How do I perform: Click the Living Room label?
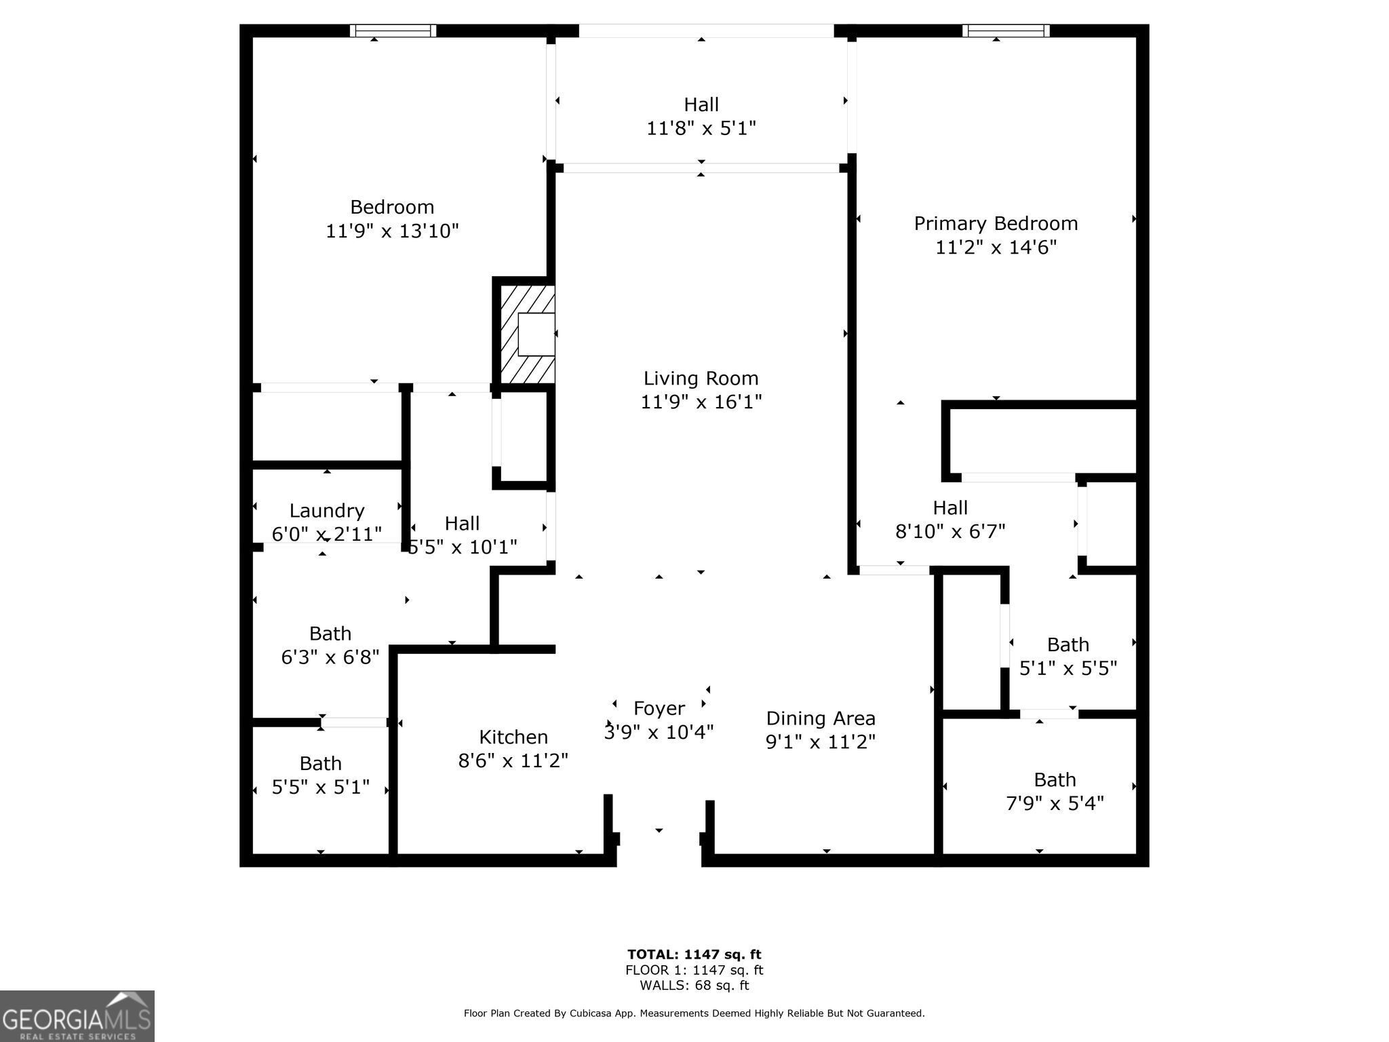pos(701,379)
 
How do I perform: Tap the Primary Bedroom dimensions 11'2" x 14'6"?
pos(996,248)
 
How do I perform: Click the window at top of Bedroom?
pos(393,31)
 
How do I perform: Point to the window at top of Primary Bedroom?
pos(1005,31)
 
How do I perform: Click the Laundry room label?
pos(327,511)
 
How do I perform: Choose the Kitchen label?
pos(513,737)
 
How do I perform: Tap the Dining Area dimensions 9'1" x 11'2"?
pos(821,742)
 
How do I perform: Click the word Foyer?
pos(659,709)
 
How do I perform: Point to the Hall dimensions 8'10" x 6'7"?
pos(950,531)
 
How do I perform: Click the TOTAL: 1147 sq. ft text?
pos(694,954)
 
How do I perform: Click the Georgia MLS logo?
pos(77,1016)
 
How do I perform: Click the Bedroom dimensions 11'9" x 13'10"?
pos(392,231)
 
